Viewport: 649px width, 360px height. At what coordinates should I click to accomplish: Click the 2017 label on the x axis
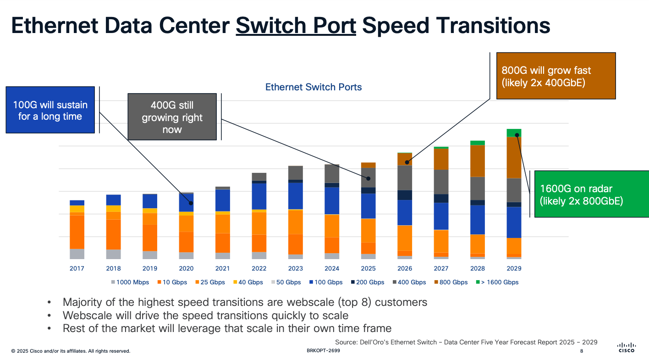77,269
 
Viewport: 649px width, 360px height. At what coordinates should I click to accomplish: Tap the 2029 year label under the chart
514,269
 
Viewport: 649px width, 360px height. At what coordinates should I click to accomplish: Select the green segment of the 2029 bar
514,133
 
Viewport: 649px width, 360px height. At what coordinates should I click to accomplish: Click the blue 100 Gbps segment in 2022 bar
259,196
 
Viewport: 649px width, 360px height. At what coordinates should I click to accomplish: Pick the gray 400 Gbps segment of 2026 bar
405,177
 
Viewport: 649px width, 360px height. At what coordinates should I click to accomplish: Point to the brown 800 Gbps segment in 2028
478,161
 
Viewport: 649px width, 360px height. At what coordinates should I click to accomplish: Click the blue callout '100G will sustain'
50,110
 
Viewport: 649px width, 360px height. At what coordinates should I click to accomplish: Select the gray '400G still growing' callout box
172,117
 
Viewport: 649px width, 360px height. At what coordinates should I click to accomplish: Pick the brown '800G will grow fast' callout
555,76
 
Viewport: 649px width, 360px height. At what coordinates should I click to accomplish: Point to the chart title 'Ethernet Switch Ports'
313,87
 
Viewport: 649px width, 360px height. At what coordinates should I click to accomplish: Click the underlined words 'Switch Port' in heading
296,26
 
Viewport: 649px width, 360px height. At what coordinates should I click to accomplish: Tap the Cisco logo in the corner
627,348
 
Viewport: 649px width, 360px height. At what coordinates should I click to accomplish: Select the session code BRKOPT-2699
323,351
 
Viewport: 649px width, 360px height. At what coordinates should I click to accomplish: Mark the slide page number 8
582,351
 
